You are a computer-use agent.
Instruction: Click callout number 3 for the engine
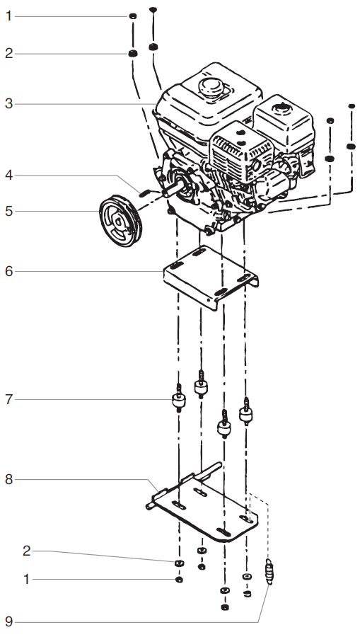8,103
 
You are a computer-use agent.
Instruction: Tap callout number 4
8,175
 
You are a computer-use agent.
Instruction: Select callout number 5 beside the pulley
8,210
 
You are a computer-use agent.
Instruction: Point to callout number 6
8,270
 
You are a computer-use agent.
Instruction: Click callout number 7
8,400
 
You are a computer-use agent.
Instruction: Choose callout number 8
8,479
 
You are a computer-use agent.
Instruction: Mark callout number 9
8,622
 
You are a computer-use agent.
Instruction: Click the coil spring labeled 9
269,571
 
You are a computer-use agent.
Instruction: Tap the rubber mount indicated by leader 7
179,402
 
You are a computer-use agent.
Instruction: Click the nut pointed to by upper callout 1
132,16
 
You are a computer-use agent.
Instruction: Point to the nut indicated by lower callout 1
179,580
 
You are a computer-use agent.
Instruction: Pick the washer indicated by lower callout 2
179,562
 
